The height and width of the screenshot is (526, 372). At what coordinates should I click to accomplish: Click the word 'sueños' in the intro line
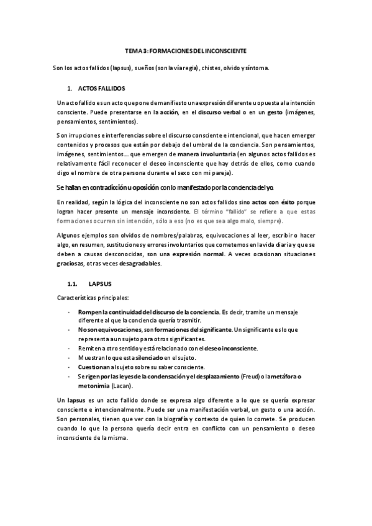142,66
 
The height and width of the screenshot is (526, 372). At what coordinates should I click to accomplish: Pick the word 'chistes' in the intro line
220,66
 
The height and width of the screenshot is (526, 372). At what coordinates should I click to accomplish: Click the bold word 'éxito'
288,202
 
